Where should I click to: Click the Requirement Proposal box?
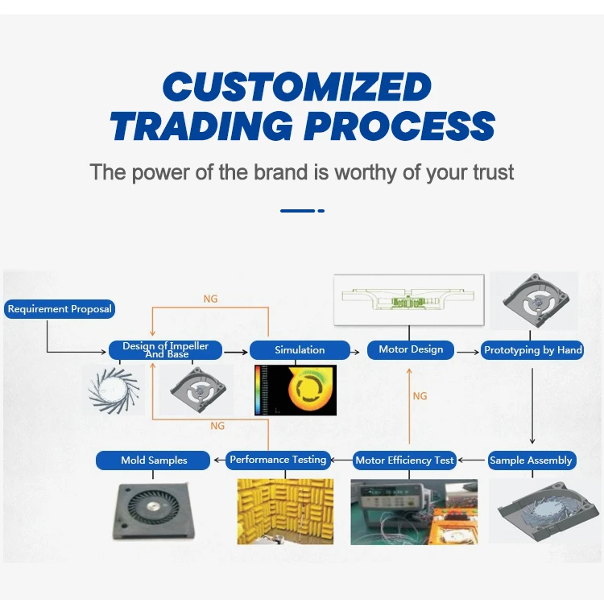pos(60,308)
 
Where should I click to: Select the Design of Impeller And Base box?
pos(165,350)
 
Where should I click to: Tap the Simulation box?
pos(300,350)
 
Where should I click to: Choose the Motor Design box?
pos(411,349)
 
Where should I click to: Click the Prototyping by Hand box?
pos(532,350)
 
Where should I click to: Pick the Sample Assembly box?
pos(531,460)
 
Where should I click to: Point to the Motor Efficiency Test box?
pos(405,460)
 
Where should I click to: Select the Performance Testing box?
pos(278,460)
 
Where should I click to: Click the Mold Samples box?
pos(154,460)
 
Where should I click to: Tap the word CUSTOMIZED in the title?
pos(297,87)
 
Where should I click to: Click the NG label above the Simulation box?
pos(210,299)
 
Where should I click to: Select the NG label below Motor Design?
pos(420,396)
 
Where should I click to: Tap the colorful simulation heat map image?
pos(296,390)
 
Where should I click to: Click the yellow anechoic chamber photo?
pos(285,511)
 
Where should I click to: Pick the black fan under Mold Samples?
pos(153,510)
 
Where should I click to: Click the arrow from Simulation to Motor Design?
pos(358,351)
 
